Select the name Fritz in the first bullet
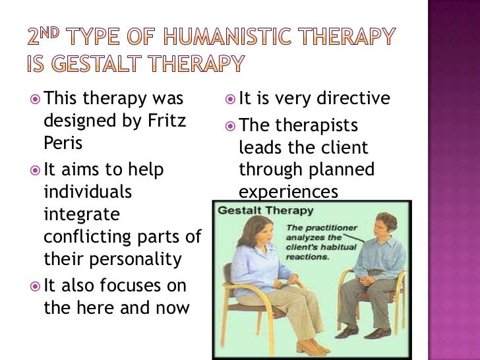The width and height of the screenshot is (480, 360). [x=169, y=122]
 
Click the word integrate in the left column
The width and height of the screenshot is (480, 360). [x=82, y=214]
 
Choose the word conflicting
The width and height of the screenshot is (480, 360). [x=92, y=237]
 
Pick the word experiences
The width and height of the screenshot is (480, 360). [x=288, y=192]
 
